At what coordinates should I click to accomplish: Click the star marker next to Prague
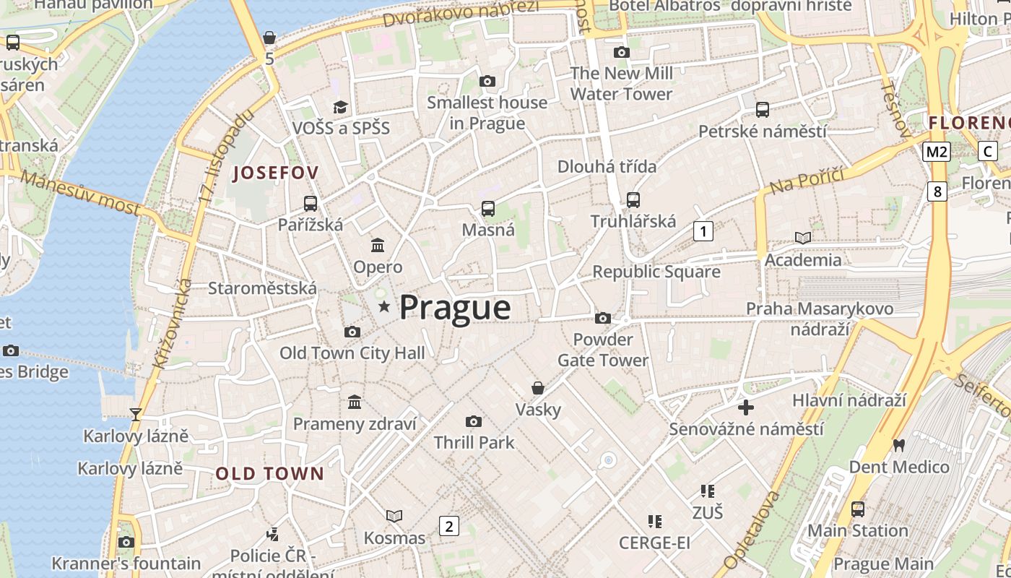tap(384, 307)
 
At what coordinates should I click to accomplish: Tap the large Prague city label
tap(455, 308)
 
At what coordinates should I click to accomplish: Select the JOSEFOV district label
tap(275, 173)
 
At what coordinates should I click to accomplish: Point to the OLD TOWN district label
tap(270, 474)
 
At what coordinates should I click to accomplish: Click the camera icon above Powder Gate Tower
tap(602, 318)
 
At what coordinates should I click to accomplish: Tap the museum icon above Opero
tap(378, 246)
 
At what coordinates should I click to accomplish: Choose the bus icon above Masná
tap(488, 209)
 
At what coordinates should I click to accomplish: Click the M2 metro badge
tap(937, 152)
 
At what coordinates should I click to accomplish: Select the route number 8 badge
tap(937, 191)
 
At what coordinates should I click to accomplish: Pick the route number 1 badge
tap(703, 231)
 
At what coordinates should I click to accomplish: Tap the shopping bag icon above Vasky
tap(538, 388)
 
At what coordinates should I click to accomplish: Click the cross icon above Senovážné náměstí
tap(746, 407)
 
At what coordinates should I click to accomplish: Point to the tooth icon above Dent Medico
tap(899, 445)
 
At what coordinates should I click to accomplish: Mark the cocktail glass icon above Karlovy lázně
tap(135, 415)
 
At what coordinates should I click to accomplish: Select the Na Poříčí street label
tap(807, 181)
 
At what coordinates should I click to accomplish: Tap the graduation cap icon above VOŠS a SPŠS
tap(340, 107)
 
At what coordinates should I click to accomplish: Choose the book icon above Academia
tap(803, 238)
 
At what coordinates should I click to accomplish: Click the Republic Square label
tap(656, 272)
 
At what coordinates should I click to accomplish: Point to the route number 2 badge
tap(449, 526)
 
